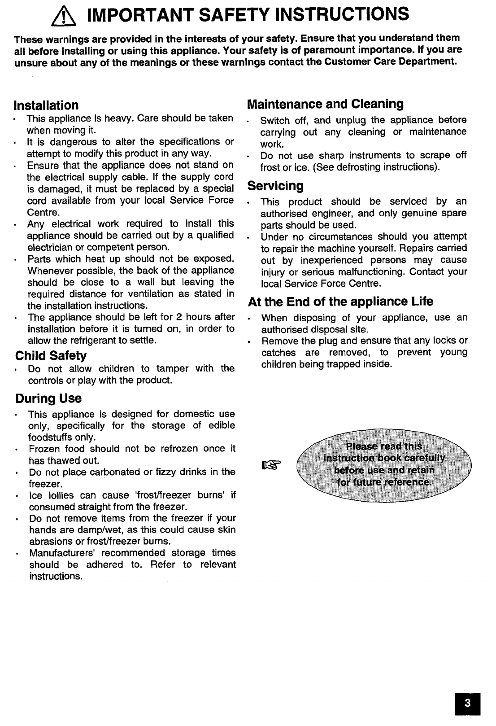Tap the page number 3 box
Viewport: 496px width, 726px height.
click(x=467, y=703)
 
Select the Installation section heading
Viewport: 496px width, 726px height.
click(x=46, y=105)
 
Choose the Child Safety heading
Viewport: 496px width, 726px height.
click(x=51, y=356)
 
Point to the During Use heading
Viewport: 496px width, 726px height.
click(x=48, y=398)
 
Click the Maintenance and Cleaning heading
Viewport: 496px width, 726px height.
click(x=325, y=104)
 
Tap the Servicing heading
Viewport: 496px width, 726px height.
click(x=275, y=186)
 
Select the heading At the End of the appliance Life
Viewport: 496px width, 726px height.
click(x=340, y=302)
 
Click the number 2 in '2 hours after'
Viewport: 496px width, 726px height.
click(x=178, y=317)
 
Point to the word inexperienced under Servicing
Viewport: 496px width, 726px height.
click(x=332, y=260)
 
